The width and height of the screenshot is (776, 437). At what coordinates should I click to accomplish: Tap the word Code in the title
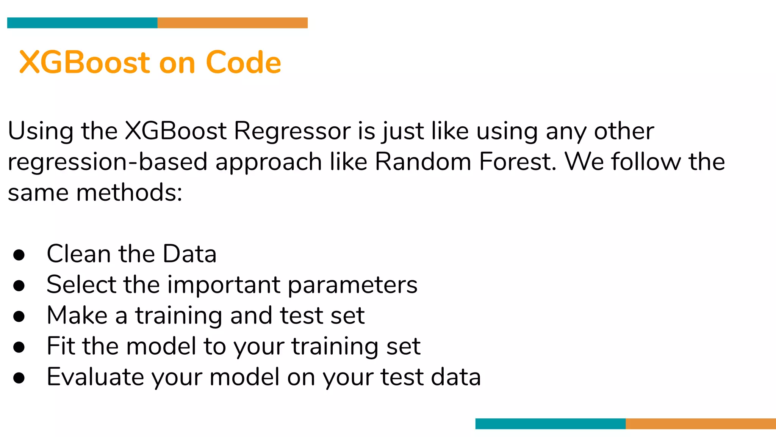coord(243,62)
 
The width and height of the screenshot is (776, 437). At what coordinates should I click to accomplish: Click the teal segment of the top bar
coord(82,23)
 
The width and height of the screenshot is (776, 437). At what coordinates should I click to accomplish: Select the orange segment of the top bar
coord(232,23)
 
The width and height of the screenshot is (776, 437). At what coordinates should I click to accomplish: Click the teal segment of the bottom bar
coord(550,424)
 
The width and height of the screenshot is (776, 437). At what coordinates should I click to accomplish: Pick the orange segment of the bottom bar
coord(701,424)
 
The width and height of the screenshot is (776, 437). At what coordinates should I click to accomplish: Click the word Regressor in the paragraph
coord(293,131)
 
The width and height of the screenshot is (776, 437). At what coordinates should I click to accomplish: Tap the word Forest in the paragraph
coord(518,162)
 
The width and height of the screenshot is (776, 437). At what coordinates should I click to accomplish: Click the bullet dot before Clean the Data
coord(19,255)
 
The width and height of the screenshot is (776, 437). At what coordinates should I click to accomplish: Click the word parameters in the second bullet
coord(352,285)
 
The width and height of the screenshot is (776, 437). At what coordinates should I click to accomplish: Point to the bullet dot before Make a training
coord(19,316)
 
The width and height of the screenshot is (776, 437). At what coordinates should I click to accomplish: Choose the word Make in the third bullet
coord(77,316)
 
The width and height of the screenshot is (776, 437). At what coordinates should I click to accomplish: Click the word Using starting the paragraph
coord(41,132)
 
